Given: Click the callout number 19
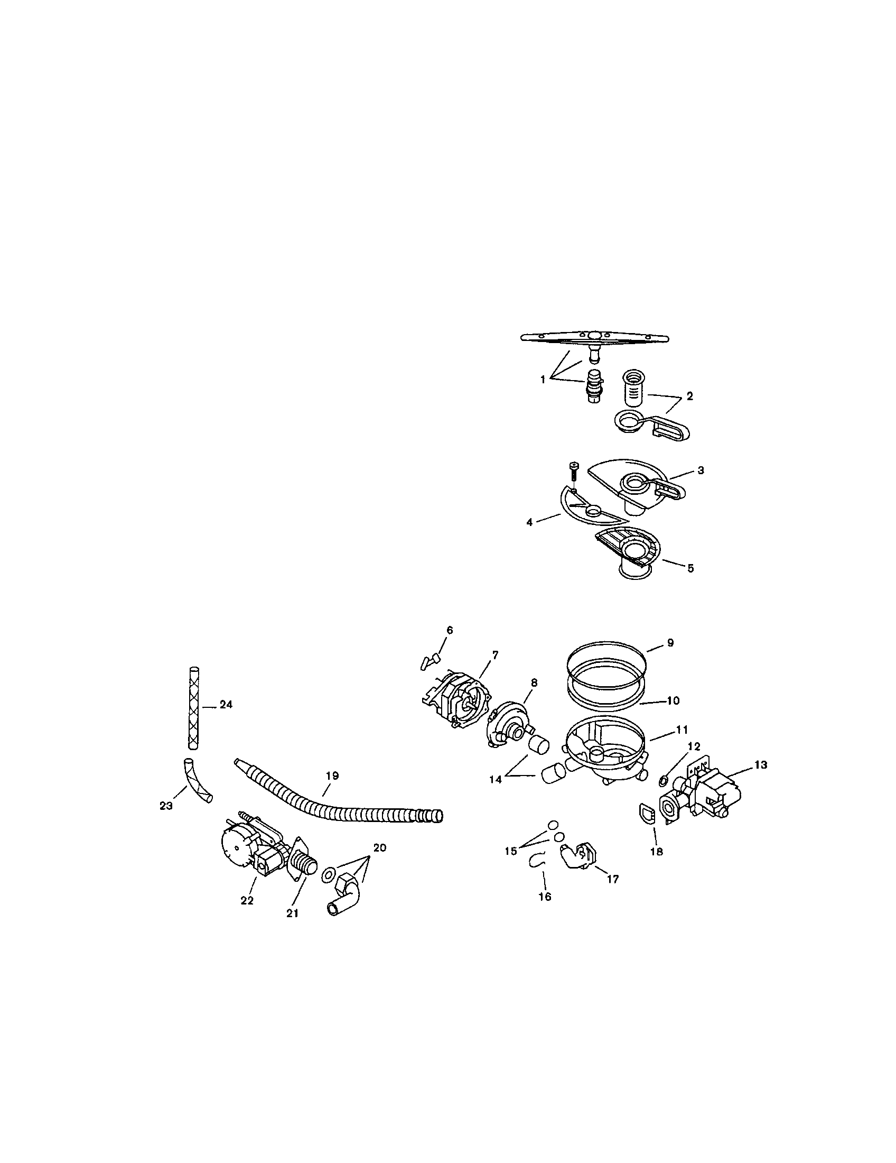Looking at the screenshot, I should pos(331,776).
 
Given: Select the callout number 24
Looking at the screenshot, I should pos(226,705).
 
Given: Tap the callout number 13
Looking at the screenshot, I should pos(760,765).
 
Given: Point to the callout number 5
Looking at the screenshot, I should pos(690,568).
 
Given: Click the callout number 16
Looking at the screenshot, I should pos(545,897).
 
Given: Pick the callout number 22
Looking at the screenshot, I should pos(247,900).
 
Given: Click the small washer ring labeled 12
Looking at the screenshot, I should pos(664,781).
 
